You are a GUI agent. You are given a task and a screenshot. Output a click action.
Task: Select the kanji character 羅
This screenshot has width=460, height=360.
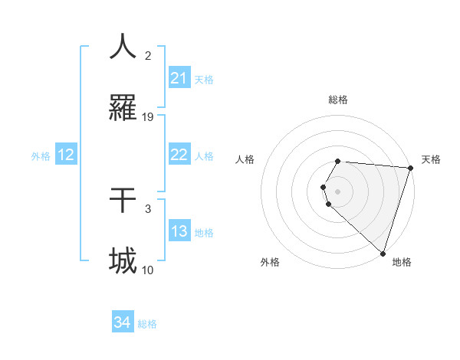tap(123, 109)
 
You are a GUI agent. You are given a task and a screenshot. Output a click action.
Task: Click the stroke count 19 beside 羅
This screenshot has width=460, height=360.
tap(148, 117)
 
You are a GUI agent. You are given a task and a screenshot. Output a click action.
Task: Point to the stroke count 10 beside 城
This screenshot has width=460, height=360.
tap(148, 270)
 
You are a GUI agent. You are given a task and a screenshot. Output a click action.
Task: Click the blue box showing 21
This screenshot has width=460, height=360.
tap(179, 78)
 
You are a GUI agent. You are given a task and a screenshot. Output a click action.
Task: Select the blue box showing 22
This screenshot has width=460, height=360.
tap(179, 155)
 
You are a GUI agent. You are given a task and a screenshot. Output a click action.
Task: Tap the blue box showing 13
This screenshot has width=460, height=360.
tap(179, 231)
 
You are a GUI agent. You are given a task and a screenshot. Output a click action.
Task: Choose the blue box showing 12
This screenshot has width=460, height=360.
tap(66, 155)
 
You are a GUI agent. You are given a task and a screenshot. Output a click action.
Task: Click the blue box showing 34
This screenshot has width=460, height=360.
tap(123, 322)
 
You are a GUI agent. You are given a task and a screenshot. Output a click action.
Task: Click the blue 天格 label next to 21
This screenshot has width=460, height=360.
tap(204, 79)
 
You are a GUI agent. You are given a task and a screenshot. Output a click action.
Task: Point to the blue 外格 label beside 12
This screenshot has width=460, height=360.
tap(41, 155)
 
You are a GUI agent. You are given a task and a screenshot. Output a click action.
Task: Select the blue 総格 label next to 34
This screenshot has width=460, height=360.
tap(147, 324)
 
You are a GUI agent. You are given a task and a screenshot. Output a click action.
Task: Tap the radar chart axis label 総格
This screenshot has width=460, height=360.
tap(337, 100)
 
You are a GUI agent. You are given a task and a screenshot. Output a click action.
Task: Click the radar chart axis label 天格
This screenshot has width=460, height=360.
tap(431, 159)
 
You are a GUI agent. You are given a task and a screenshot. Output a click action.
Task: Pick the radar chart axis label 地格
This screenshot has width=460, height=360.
tap(402, 262)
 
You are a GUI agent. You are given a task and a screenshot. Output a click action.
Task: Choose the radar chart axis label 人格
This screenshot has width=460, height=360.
tap(245, 159)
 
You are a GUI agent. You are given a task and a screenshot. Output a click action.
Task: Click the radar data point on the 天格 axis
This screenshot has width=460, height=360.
tap(410, 168)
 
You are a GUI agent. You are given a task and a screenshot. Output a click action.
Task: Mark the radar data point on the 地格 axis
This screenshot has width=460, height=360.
tap(383, 253)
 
